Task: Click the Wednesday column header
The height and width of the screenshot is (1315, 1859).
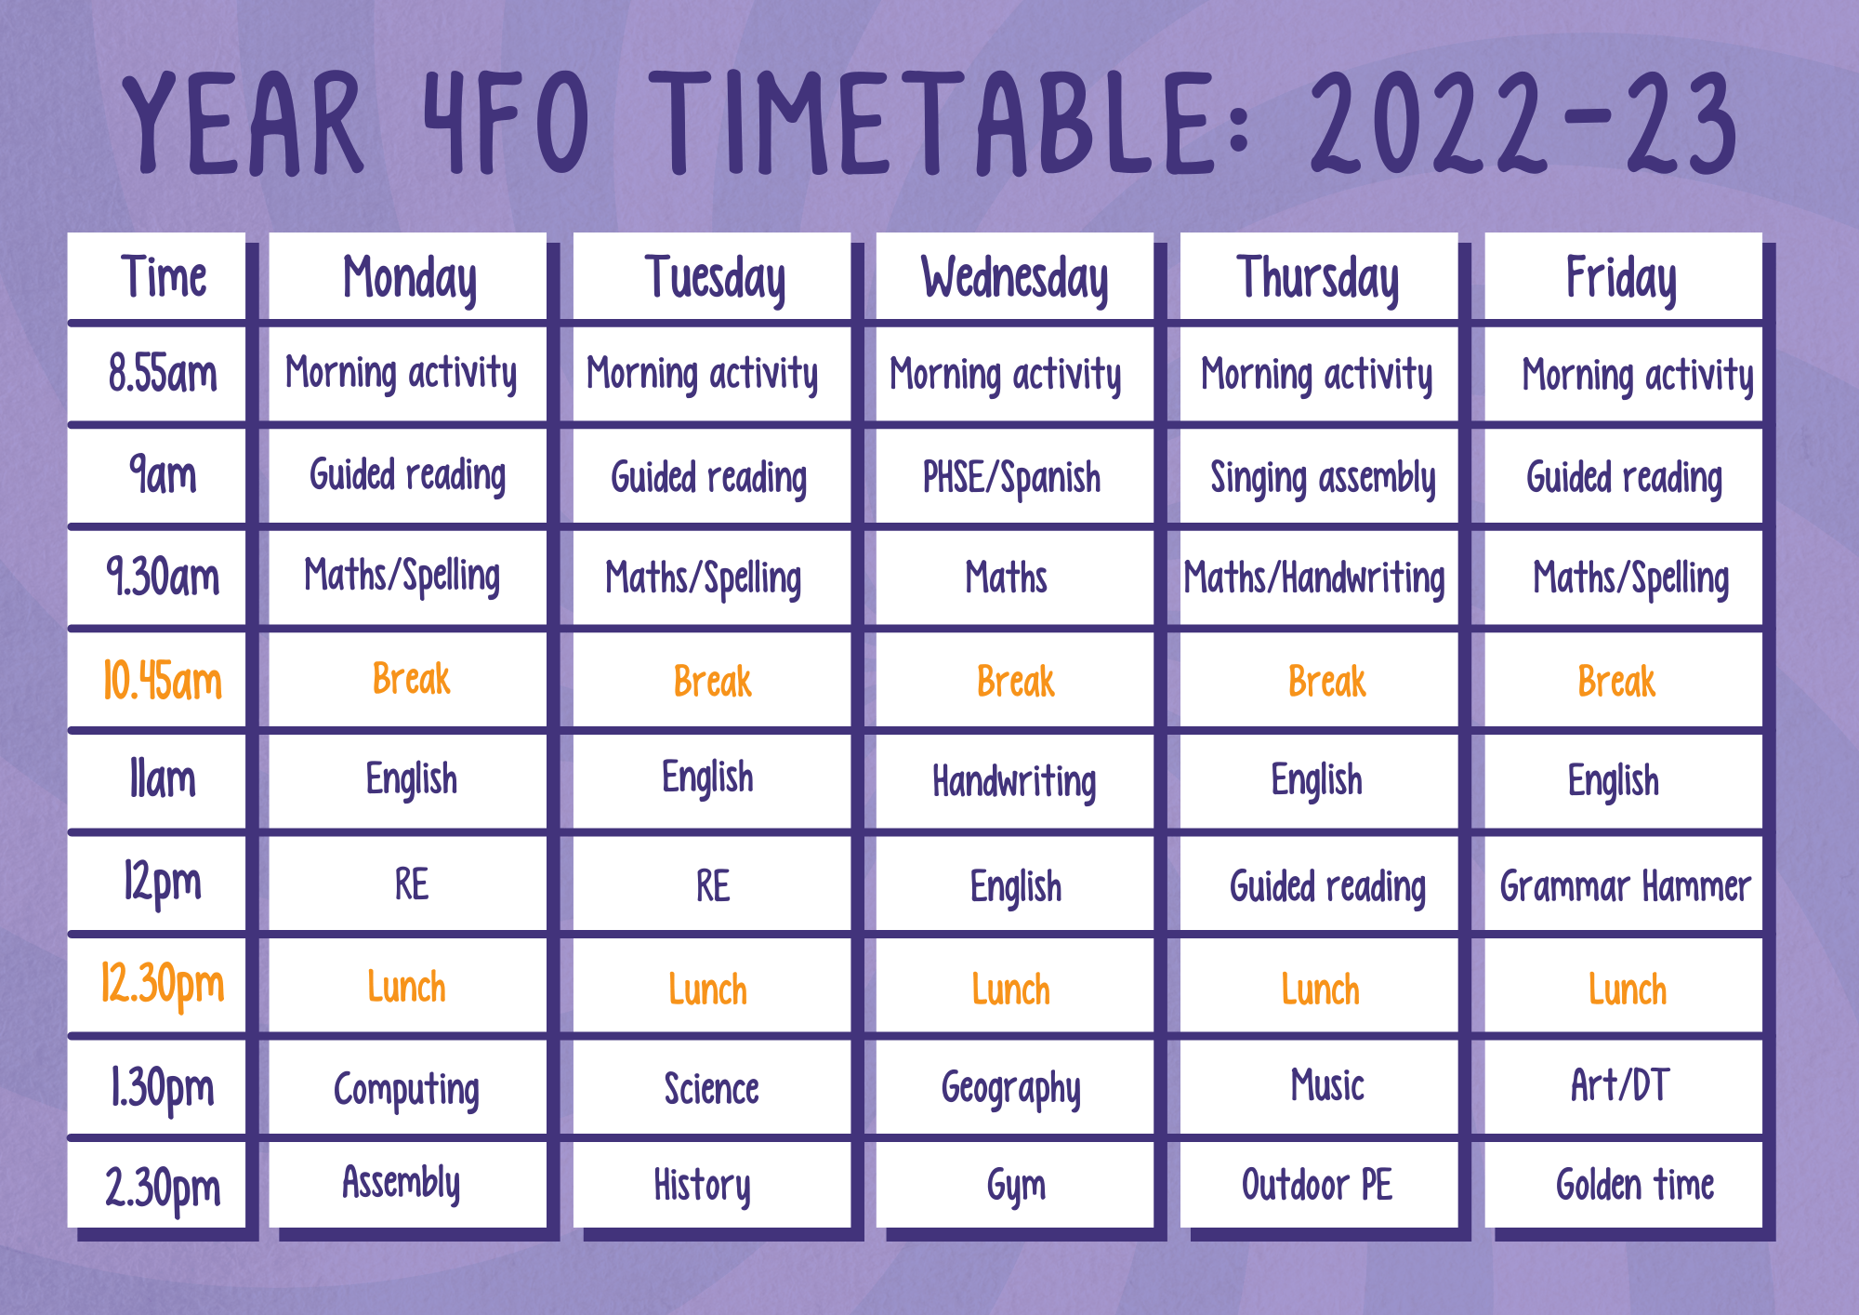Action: [x=1014, y=278]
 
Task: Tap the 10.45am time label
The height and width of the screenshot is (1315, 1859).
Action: [x=163, y=681]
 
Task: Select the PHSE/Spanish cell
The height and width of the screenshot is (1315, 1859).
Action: [x=1014, y=477]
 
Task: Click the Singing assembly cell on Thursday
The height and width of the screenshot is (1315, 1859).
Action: [x=1318, y=477]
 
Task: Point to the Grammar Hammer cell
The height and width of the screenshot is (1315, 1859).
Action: [x=1623, y=885]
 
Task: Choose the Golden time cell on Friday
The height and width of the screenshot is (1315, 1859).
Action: [x=1623, y=1184]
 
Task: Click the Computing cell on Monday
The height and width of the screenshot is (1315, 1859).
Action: [x=407, y=1088]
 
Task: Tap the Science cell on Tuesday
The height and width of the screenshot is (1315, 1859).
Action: [x=711, y=1088]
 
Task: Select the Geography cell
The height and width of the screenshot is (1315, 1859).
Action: [x=1014, y=1088]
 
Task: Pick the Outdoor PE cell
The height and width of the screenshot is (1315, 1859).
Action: [x=1318, y=1184]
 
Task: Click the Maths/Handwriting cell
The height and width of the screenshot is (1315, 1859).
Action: [x=1318, y=578]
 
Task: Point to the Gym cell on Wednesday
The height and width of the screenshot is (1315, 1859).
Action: [x=1014, y=1184]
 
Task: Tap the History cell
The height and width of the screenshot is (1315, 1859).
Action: [x=711, y=1184]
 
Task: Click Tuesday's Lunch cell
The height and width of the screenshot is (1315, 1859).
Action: [x=711, y=988]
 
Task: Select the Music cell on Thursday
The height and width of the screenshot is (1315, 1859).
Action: [x=1318, y=1088]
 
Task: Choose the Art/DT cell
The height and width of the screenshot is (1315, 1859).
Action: [x=1623, y=1088]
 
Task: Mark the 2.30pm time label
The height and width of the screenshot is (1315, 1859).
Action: [x=163, y=1187]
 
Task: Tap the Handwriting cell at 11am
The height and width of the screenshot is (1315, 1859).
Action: [x=1014, y=781]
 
